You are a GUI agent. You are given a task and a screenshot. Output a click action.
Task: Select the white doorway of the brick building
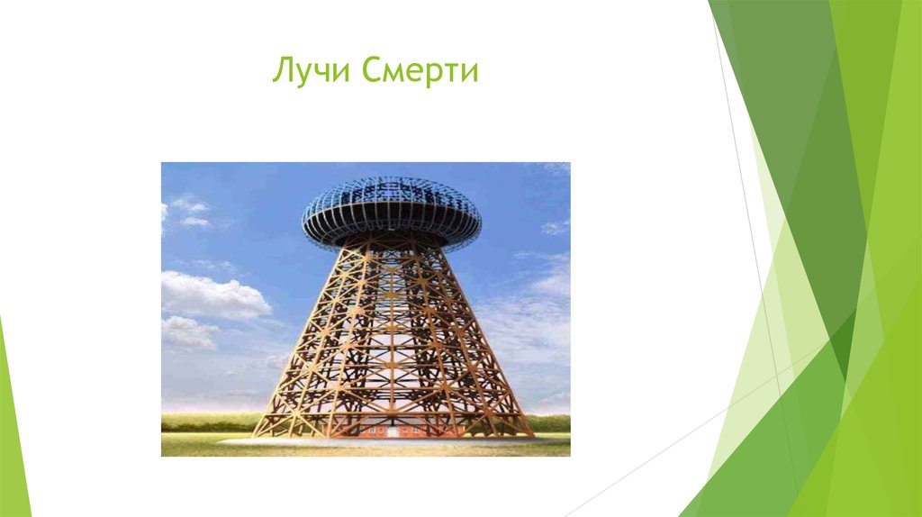(393, 432)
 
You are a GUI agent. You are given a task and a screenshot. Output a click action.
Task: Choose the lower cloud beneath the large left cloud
(187, 332)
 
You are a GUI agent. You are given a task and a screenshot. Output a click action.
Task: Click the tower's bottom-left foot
(257, 434)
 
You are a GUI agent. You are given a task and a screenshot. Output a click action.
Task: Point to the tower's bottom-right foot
(528, 434)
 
